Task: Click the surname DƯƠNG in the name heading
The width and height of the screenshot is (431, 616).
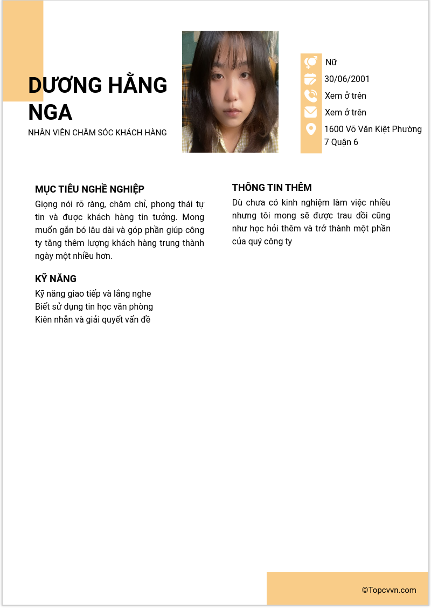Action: coord(65,86)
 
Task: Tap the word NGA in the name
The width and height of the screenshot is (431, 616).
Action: coord(50,112)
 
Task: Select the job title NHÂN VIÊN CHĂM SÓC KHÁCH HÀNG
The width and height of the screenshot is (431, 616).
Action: coord(98,133)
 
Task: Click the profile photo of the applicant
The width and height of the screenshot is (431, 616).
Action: coord(230,92)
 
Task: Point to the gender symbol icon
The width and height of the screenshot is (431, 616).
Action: coord(311,63)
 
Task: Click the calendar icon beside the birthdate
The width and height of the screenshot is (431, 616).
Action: coord(311,79)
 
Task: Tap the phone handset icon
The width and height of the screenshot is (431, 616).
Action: coord(311,96)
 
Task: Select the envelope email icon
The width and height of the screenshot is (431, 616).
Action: coord(311,112)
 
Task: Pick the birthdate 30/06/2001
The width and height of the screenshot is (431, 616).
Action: coord(347,79)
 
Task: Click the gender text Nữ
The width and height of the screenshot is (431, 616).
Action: coord(331,63)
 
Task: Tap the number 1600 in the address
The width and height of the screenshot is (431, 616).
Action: coord(334,129)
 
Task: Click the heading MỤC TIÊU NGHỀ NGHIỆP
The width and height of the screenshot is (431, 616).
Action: coord(89,189)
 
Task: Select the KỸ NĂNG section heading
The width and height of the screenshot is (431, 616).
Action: coord(55,279)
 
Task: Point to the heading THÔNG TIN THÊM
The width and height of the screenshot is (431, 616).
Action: coord(272,188)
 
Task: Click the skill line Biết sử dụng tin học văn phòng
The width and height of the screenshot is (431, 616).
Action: coord(94,307)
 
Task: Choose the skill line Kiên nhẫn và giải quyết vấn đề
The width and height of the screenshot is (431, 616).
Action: coord(93,320)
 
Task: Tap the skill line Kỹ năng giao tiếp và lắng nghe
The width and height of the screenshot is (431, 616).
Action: coord(93,294)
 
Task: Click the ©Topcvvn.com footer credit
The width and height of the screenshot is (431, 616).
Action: coord(389,590)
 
